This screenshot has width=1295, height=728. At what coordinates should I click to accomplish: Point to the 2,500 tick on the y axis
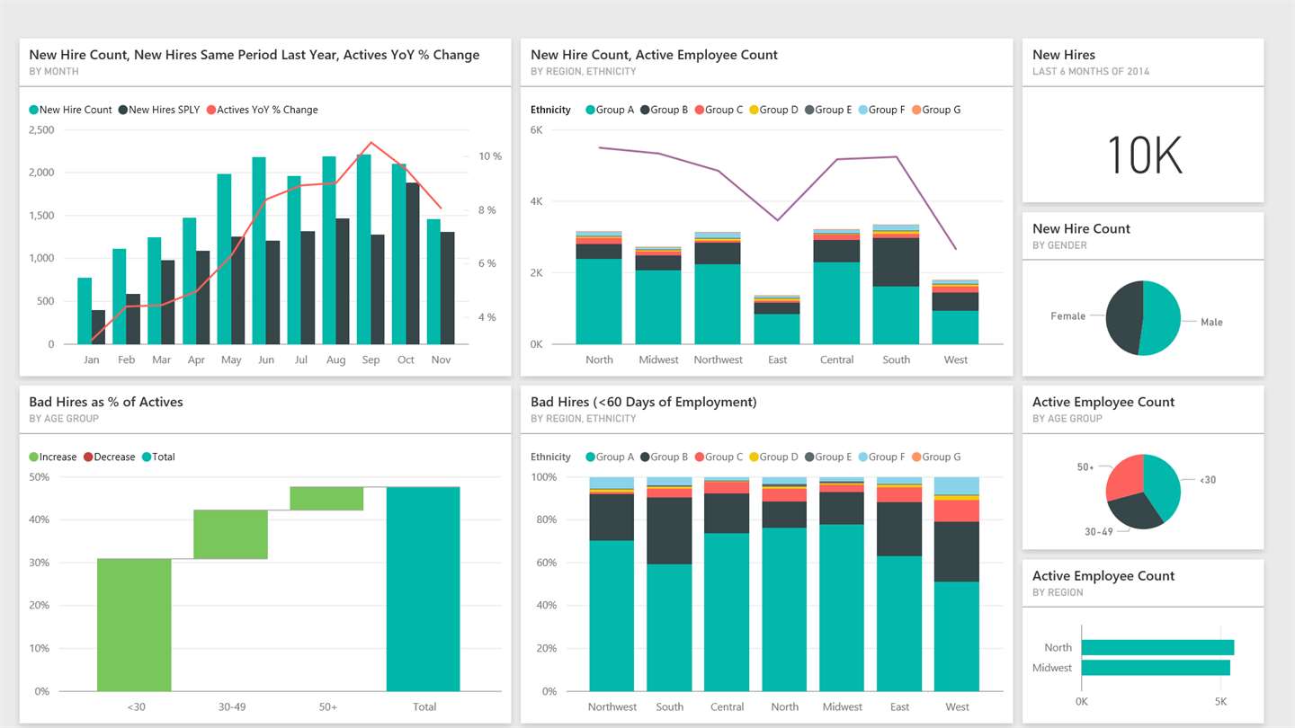click(41, 130)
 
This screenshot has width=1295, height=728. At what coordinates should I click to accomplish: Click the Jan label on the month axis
click(91, 360)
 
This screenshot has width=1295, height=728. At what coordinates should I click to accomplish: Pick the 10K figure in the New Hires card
click(1143, 155)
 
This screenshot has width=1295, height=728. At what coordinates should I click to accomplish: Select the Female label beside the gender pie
click(1067, 316)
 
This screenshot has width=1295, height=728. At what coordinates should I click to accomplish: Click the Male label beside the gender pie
click(1211, 322)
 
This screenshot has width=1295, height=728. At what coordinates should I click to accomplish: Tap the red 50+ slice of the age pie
click(1125, 476)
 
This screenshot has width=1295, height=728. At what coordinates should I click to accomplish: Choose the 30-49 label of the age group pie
click(1098, 532)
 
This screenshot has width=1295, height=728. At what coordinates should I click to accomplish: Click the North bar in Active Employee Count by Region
click(1157, 647)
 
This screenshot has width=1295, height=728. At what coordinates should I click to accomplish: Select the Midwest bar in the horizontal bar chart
click(1156, 668)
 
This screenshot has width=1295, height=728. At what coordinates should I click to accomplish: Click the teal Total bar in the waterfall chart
click(423, 589)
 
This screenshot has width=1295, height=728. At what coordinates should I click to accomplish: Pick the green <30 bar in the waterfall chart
click(134, 625)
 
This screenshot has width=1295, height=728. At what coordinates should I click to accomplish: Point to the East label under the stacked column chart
click(777, 360)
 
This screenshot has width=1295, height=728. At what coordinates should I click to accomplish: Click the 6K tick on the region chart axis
click(536, 130)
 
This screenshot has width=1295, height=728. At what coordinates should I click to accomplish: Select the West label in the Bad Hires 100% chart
click(957, 706)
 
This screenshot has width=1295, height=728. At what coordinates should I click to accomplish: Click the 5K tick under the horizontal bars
click(1220, 701)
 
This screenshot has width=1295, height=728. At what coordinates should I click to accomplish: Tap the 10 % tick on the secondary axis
click(490, 156)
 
